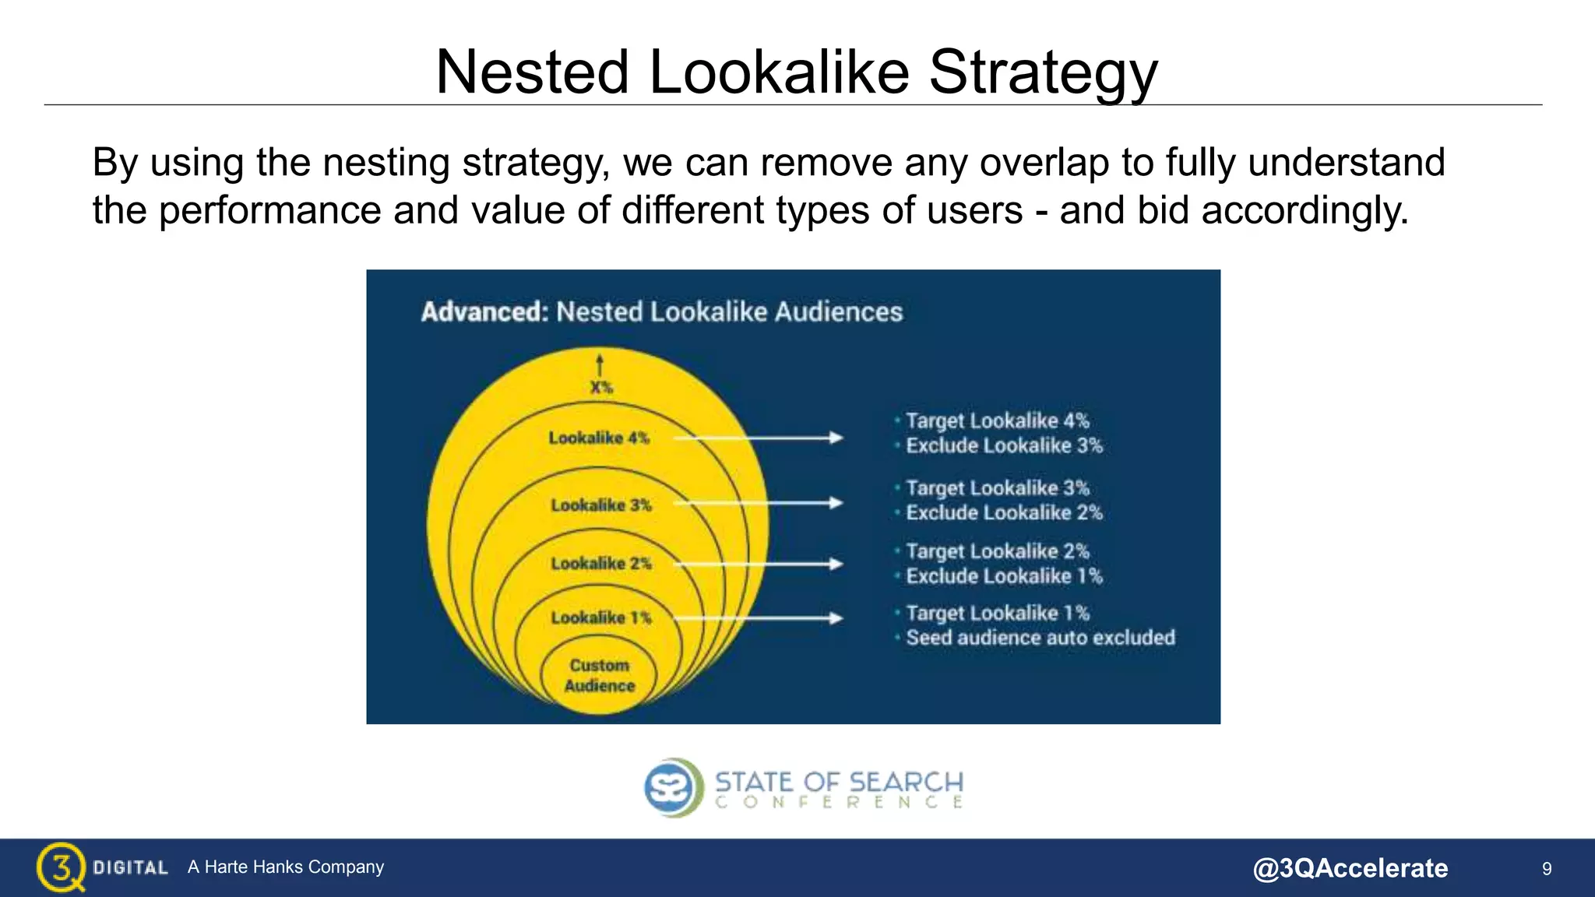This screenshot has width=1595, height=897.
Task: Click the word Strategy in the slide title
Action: [1043, 72]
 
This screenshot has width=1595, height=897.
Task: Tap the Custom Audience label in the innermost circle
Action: [599, 675]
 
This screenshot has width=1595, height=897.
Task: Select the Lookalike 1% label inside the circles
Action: [600, 617]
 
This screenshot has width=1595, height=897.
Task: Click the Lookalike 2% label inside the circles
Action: [600, 563]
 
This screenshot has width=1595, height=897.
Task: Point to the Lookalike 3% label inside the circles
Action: [600, 505]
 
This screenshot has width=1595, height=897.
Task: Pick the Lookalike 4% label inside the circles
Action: [598, 438]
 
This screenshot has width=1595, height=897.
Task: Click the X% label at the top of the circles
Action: [600, 387]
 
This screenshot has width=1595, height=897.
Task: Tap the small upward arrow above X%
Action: [599, 364]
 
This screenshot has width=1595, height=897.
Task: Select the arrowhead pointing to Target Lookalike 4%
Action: [836, 438]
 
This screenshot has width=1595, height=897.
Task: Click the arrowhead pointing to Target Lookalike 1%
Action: [836, 618]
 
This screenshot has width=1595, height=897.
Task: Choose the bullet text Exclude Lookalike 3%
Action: [1004, 445]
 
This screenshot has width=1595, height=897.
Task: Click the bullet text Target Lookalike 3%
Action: [997, 488]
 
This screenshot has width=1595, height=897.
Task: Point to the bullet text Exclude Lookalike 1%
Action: [1004, 576]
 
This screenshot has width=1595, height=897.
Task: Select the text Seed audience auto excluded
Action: [1040, 638]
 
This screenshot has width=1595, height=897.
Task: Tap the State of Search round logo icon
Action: [669, 787]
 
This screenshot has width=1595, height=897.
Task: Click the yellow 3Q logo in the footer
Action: [60, 867]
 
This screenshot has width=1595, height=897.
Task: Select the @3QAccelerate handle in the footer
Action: [1350, 867]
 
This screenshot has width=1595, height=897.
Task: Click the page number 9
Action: [1547, 868]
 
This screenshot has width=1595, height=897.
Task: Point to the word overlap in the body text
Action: [1044, 163]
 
